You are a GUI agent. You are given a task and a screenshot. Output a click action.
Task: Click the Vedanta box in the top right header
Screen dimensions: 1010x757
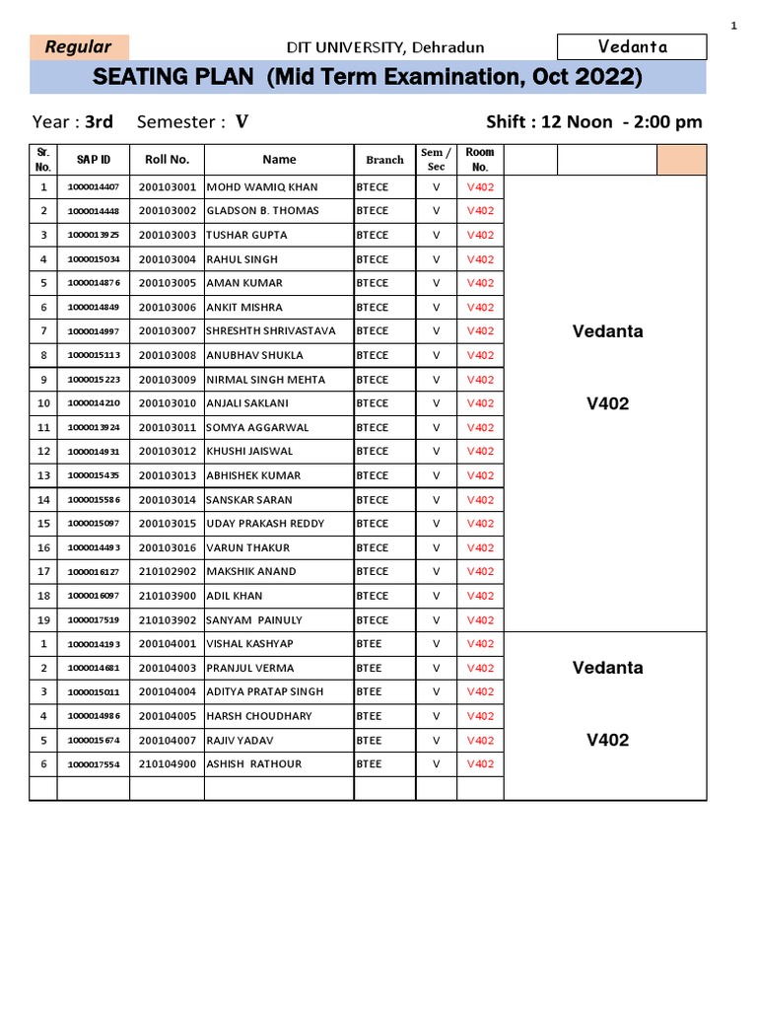pyautogui.click(x=632, y=46)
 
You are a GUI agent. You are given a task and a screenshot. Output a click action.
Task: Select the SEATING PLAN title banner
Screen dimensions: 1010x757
pyautogui.click(x=367, y=77)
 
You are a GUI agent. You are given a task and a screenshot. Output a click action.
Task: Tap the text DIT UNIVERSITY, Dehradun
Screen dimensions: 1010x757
pyautogui.click(x=384, y=47)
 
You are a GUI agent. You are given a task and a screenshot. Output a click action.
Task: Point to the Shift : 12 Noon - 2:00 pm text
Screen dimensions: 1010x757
pyautogui.click(x=593, y=122)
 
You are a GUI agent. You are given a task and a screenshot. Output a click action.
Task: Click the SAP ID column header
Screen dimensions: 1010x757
pyautogui.click(x=94, y=160)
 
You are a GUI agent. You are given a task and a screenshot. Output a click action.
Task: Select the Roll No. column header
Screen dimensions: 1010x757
pyautogui.click(x=167, y=160)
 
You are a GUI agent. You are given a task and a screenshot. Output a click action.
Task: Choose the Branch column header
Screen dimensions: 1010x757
pyautogui.click(x=384, y=160)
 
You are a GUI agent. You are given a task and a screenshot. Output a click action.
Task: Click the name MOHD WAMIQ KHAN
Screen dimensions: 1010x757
pyautogui.click(x=261, y=187)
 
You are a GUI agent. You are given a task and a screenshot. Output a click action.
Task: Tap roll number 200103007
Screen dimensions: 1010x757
pyautogui.click(x=167, y=331)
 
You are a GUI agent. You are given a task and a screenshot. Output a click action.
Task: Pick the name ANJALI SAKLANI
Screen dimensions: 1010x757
pyautogui.click(x=247, y=403)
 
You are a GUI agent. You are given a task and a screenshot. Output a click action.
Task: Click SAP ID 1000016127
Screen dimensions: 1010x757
pyautogui.click(x=94, y=572)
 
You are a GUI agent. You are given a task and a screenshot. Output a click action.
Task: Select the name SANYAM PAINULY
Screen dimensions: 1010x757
pyautogui.click(x=253, y=620)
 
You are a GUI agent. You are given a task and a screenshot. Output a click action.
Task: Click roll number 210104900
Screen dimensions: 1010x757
pyautogui.click(x=167, y=764)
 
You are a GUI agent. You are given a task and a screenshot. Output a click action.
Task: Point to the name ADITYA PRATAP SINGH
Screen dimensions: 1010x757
pyautogui.click(x=264, y=692)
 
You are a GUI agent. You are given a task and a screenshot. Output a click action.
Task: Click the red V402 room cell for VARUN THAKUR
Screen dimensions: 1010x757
pyautogui.click(x=480, y=548)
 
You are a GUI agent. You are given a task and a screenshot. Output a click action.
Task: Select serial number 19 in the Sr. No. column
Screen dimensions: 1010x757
pyautogui.click(x=43, y=620)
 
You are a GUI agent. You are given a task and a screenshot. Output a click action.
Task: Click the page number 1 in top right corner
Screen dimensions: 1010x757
pyautogui.click(x=733, y=27)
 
